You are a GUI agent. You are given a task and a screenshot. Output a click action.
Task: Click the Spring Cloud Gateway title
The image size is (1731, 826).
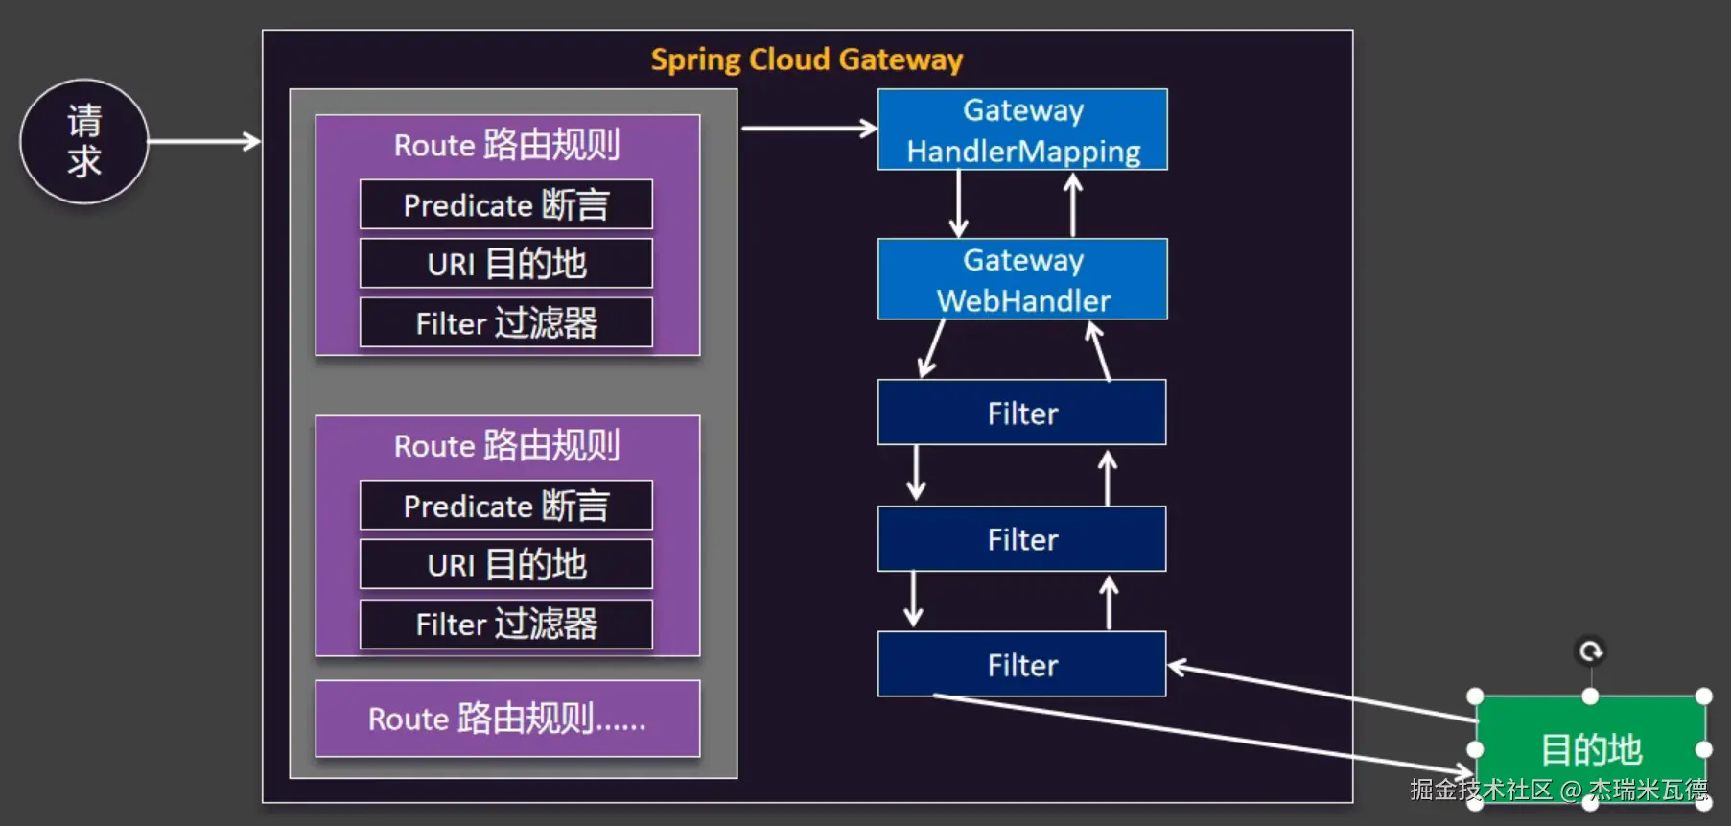[807, 59]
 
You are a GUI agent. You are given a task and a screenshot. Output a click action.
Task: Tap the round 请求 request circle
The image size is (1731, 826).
[84, 141]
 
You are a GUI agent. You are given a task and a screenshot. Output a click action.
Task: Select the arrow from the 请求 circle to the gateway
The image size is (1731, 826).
[203, 142]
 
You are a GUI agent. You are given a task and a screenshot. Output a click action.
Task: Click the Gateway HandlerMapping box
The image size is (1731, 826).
[1022, 130]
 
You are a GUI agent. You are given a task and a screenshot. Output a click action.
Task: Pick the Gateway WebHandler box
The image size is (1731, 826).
[1022, 279]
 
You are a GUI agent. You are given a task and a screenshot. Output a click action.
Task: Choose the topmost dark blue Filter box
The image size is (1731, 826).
[1022, 413]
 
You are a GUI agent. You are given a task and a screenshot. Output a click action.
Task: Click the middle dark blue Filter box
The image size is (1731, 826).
[1022, 539]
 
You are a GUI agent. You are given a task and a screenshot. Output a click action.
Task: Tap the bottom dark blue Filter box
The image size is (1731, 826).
[1022, 664]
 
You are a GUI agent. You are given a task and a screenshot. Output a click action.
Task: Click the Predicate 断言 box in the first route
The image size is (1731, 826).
[506, 204]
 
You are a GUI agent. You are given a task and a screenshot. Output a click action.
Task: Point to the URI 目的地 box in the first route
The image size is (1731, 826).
[506, 264]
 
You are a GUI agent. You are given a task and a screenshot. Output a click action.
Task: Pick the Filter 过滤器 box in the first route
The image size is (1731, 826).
[506, 322]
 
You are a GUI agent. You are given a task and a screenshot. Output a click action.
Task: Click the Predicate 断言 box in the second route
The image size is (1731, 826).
[506, 506]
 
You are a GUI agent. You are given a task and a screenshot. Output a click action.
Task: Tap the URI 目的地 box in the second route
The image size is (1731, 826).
[506, 564]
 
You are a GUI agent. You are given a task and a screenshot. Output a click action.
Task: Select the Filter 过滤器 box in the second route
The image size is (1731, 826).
[506, 624]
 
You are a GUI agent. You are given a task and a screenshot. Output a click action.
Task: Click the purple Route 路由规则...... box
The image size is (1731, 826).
[506, 719]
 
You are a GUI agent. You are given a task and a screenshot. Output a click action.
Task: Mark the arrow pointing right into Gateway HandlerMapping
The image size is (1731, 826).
[808, 128]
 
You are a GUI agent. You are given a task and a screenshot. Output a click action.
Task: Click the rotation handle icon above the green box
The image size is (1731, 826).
[1591, 652]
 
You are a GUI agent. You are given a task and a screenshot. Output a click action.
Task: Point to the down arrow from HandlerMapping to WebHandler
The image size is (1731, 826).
[958, 203]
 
